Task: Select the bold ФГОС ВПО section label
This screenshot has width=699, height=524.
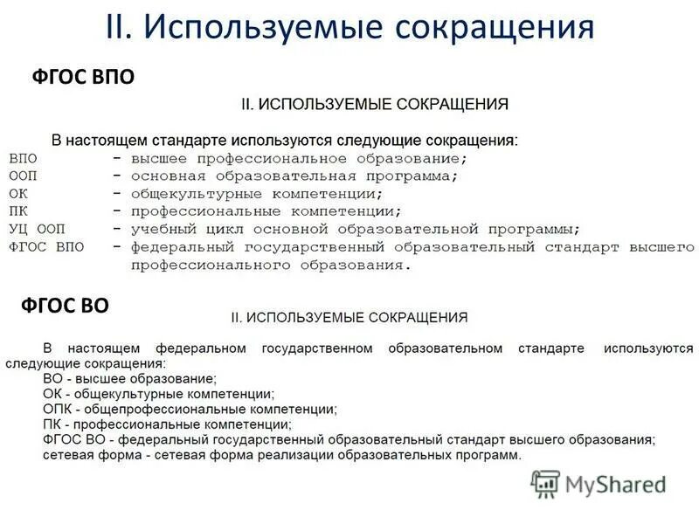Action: click(83, 79)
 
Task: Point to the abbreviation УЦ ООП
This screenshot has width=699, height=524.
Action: click(37, 229)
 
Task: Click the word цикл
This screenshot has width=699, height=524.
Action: click(224, 229)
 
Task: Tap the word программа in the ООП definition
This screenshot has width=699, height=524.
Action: click(407, 176)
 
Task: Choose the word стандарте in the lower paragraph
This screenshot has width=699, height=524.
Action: click(550, 348)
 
